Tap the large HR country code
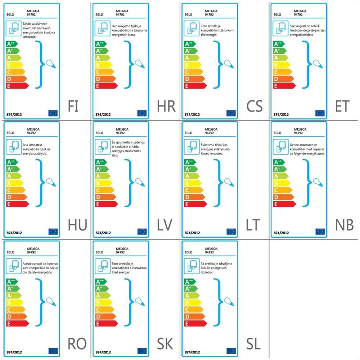[166, 106]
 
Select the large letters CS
[255, 106]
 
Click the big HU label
[77, 225]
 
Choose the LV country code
[165, 225]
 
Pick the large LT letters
[253, 225]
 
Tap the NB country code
[344, 225]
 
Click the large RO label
[77, 344]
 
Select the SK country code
[165, 344]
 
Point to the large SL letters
[253, 344]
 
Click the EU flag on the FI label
[53, 113]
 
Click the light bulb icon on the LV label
[140, 182]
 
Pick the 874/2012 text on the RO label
[14, 351]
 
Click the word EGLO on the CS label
[188, 15]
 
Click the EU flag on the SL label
[231, 351]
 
